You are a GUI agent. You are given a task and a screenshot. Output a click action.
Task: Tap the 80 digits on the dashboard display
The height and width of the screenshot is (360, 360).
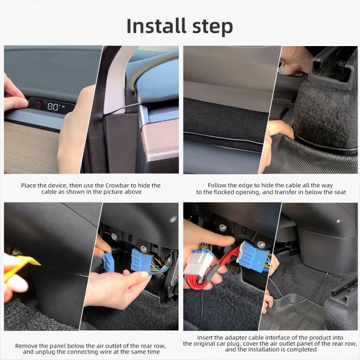click(53, 106)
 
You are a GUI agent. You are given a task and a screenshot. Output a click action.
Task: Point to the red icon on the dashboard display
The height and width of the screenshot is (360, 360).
click(38, 104)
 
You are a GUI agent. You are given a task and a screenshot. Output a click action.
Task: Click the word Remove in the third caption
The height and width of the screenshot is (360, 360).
click(25, 346)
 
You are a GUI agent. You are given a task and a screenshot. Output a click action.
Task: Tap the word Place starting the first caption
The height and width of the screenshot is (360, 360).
click(28, 185)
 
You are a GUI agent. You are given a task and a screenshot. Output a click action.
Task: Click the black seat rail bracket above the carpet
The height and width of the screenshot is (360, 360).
click(333, 68)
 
